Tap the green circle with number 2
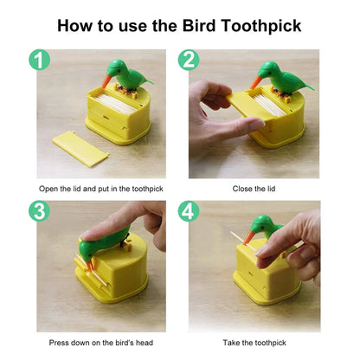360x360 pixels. pos(190,60)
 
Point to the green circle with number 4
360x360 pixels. pos(190,211)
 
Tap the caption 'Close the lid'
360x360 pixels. pos(254,188)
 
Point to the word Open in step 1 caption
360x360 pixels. pos(49,188)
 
